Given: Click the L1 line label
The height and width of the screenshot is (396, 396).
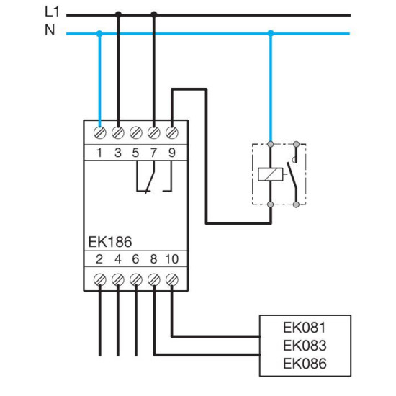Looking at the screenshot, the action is click(x=52, y=12).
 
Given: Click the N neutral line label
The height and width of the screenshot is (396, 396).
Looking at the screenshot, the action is click(x=50, y=30).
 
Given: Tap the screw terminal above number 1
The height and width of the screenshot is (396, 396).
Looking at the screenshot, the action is click(x=100, y=132).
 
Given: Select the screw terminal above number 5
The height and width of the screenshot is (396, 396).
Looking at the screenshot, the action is click(x=136, y=132).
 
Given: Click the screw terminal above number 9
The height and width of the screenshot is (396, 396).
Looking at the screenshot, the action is click(x=172, y=132).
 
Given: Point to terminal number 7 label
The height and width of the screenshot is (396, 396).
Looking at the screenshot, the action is click(x=153, y=153).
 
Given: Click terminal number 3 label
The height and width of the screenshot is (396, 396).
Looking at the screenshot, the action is click(x=118, y=153).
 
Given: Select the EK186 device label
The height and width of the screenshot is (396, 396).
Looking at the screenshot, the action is click(x=110, y=242).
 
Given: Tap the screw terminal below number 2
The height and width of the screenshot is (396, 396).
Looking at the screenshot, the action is click(x=100, y=279).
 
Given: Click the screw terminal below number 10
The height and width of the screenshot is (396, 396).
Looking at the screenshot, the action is click(x=172, y=279).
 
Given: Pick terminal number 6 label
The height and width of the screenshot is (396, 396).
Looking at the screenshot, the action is click(x=135, y=259).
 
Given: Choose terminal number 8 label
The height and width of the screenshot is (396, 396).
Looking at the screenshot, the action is click(x=153, y=259).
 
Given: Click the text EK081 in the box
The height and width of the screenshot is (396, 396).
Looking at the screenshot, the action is click(x=305, y=328).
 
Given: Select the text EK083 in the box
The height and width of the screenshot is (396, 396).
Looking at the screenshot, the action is click(x=305, y=345).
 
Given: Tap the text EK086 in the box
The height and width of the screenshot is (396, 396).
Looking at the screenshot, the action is click(x=305, y=364).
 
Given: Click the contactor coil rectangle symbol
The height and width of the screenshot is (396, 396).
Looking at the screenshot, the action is click(x=271, y=174).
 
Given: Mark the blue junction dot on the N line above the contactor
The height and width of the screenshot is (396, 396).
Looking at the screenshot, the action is click(x=271, y=33).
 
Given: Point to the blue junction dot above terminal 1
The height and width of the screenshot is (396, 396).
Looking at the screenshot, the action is click(x=99, y=33).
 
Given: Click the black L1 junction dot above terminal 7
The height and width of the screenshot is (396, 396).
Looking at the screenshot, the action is click(x=154, y=14).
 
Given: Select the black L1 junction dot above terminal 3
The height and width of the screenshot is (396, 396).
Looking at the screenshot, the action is click(x=118, y=14).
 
